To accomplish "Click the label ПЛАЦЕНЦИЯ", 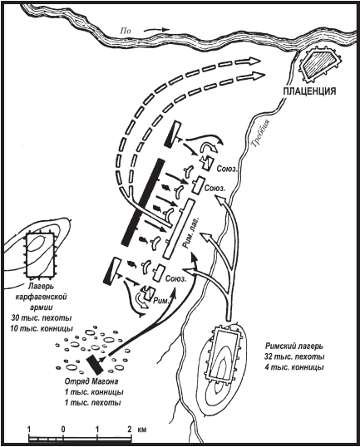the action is pos(309,91).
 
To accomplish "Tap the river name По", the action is pos(125,30).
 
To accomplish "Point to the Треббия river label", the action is pos(260,133).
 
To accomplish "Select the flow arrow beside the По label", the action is pos(156,29).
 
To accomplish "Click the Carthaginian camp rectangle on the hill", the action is pos(40,255).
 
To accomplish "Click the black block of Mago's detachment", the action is pos(95,364).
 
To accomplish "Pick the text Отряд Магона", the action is pos(91,381).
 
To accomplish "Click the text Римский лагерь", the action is pos(294,346).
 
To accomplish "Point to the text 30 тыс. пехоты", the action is pos(42,317).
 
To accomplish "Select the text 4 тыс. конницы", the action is pos(294,367).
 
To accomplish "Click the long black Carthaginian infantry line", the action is pos(143,202).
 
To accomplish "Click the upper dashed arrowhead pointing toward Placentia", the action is pos(254,61).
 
